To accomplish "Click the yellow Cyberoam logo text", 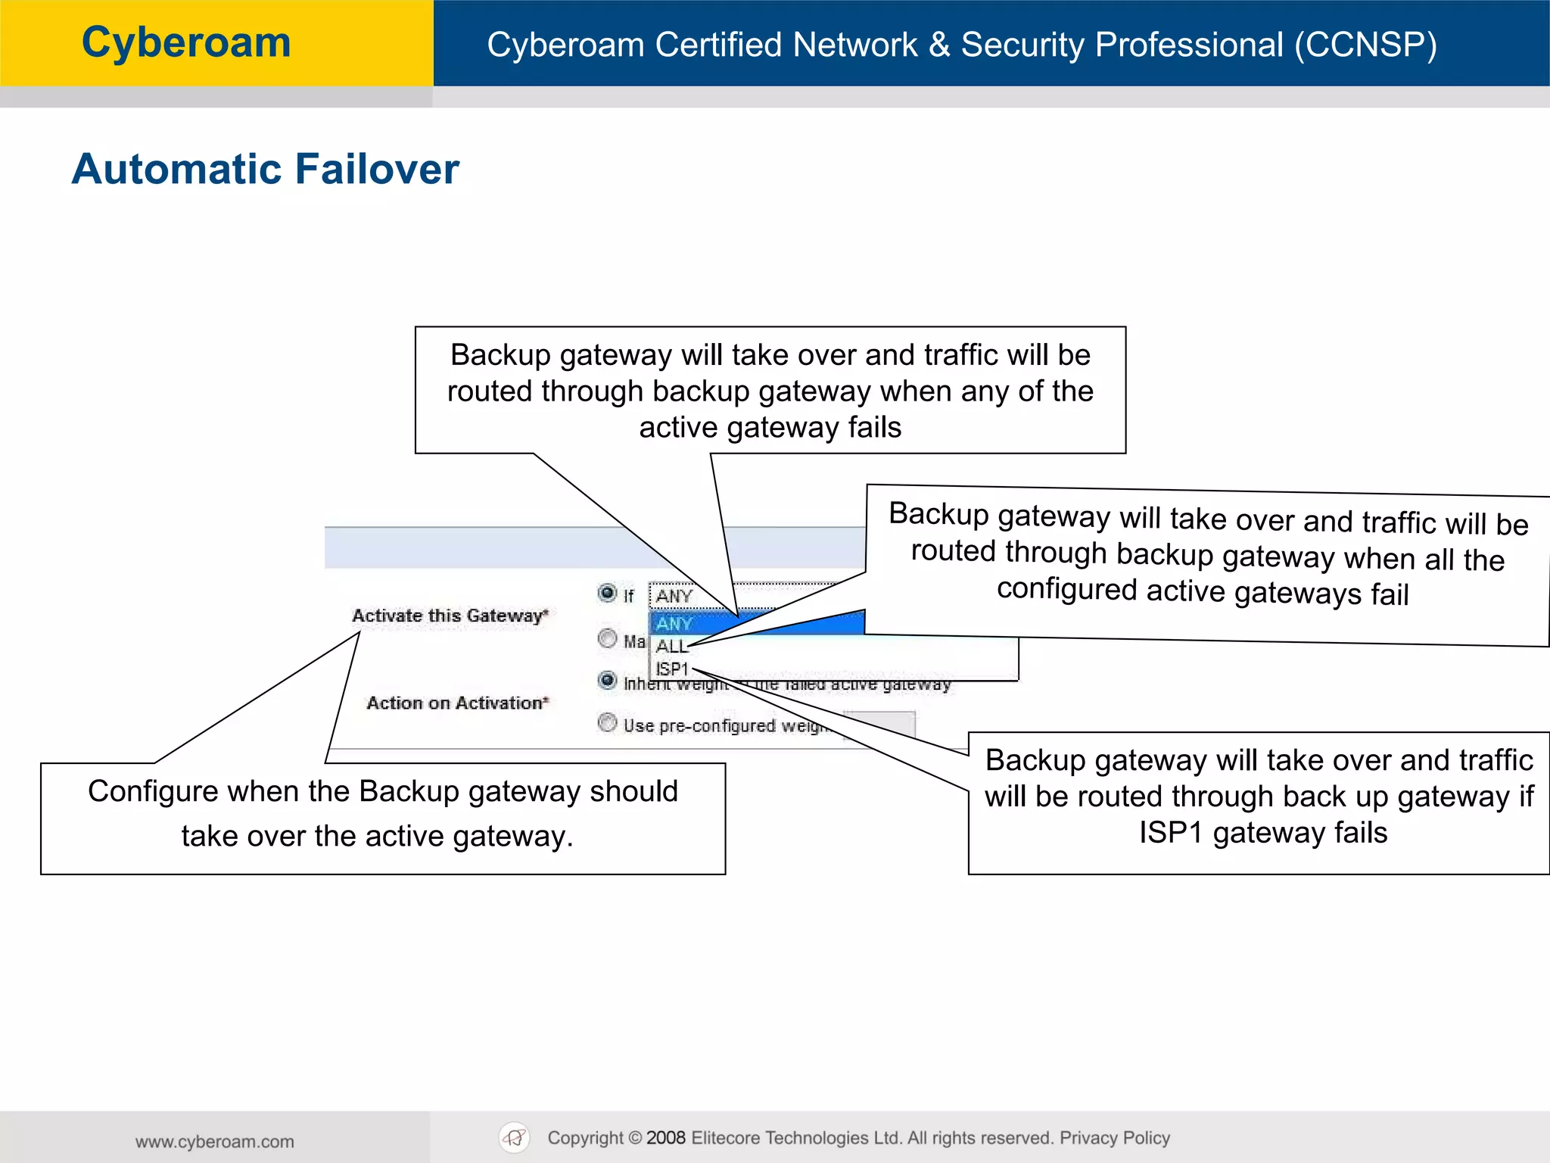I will [x=186, y=42].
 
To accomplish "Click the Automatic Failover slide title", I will [x=265, y=169].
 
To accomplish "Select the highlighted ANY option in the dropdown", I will [x=674, y=624].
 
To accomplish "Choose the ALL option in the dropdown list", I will [x=671, y=647].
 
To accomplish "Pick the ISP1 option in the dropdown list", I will [x=672, y=669].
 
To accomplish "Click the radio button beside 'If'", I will [x=607, y=593].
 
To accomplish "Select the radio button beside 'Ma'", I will [x=607, y=638].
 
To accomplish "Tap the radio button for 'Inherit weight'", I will [x=607, y=680].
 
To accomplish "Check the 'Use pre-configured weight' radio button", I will [x=607, y=722].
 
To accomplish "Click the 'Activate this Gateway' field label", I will [x=450, y=616].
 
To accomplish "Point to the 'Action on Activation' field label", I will [x=457, y=703].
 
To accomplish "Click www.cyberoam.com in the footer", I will [x=215, y=1142].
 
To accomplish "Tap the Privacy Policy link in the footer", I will [x=1114, y=1138].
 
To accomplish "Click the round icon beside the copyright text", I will [x=515, y=1137].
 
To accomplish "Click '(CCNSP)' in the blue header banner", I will [x=1365, y=45].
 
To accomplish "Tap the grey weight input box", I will [x=879, y=725].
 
